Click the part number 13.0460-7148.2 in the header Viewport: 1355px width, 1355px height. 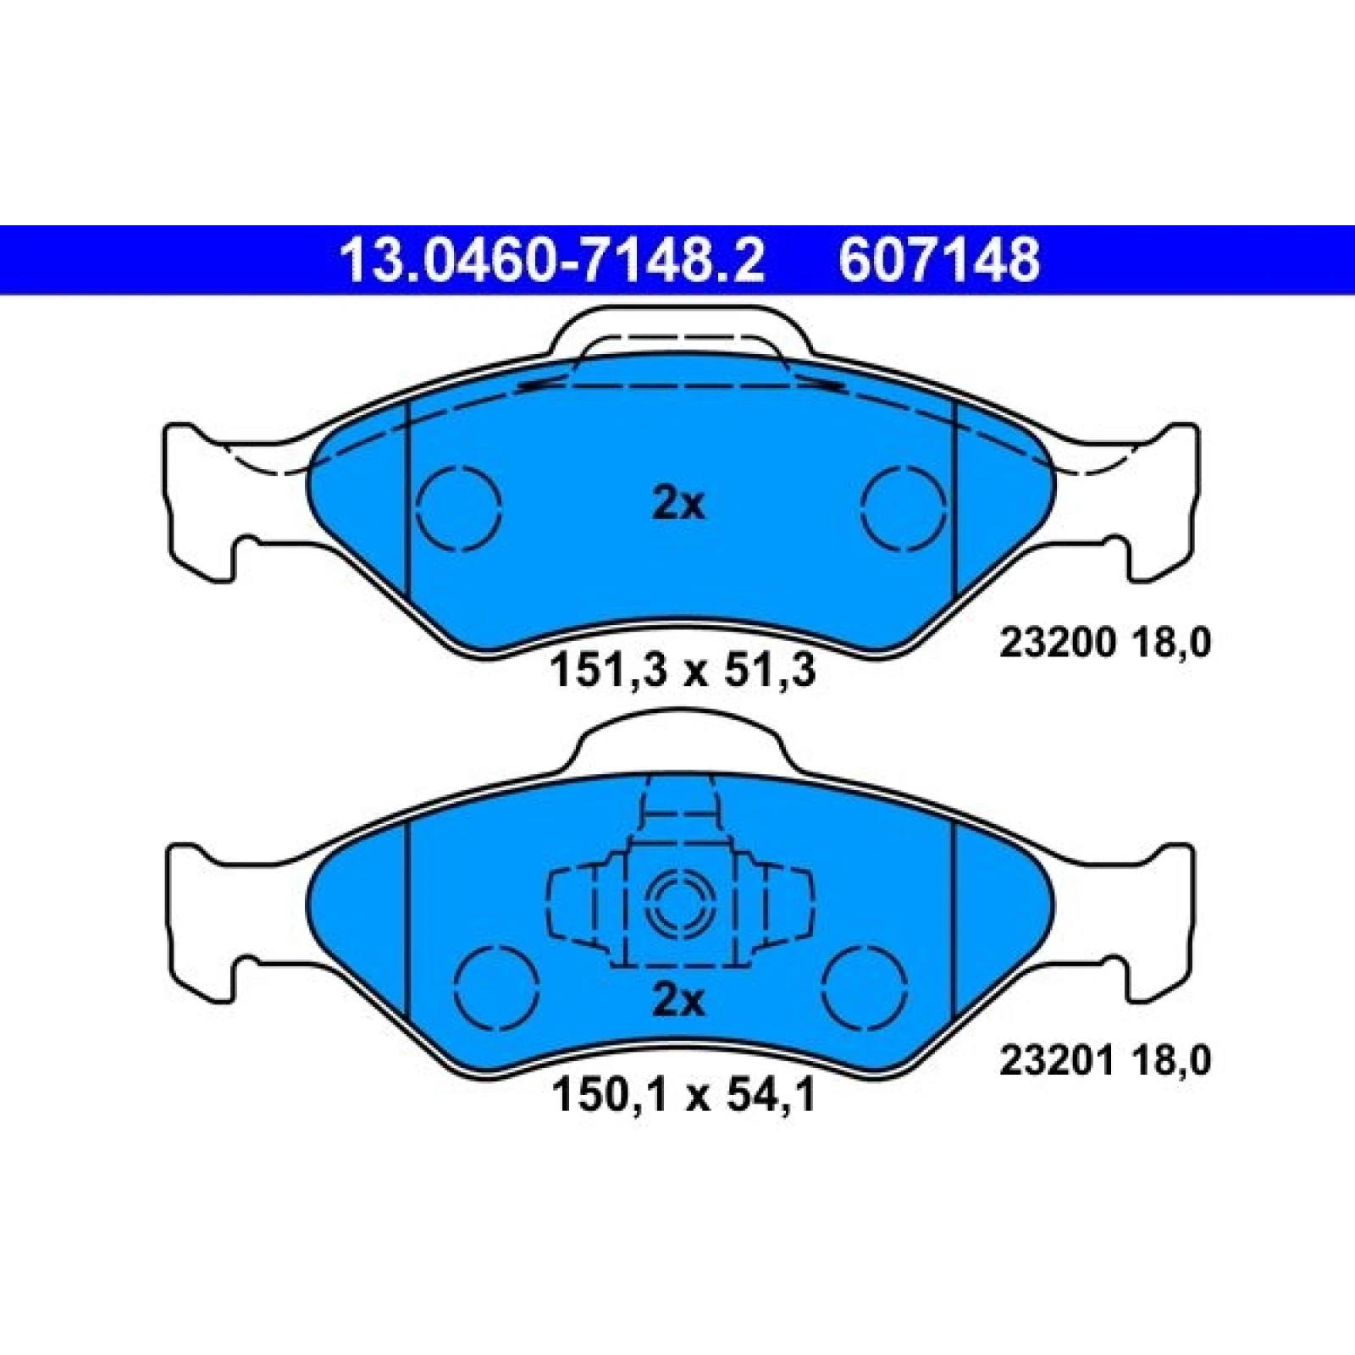pyautogui.click(x=551, y=261)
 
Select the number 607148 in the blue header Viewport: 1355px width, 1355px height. pyautogui.click(x=939, y=261)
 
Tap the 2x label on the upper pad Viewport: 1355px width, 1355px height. pyautogui.click(x=678, y=505)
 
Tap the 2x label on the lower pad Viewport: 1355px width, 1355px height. pyautogui.click(x=678, y=1002)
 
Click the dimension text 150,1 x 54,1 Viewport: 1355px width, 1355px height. pyautogui.click(x=683, y=1095)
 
